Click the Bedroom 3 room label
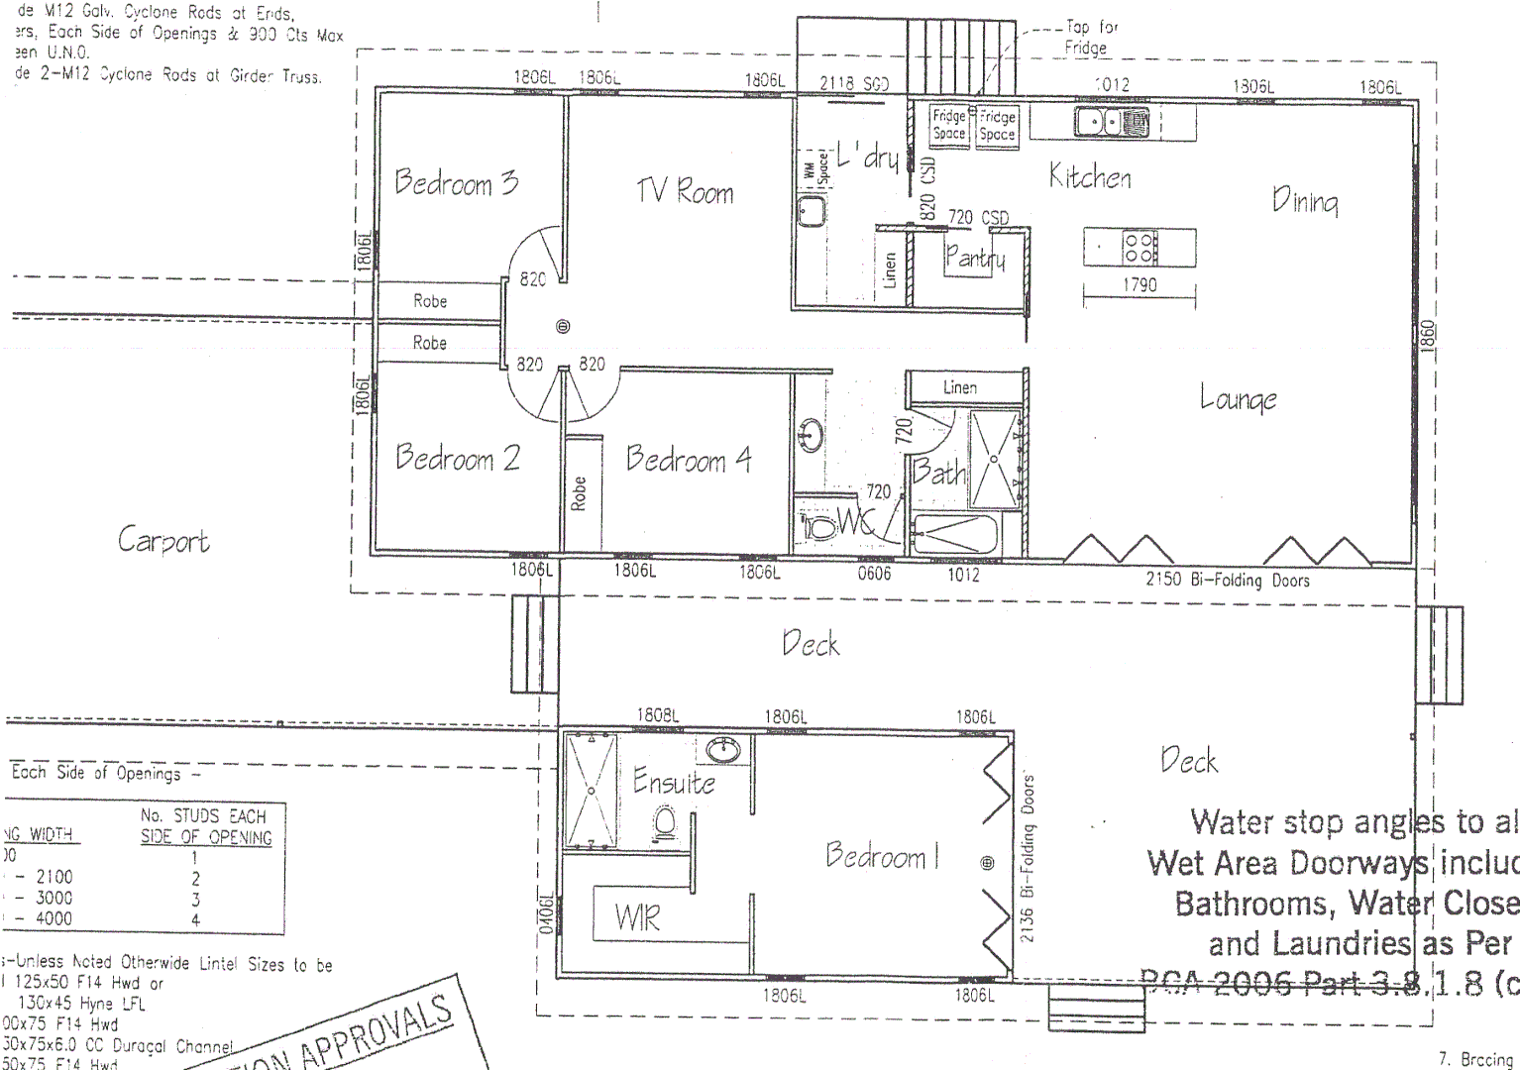coord(457,182)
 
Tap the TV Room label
coord(685,190)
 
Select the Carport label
coord(163,541)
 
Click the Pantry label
coord(974,259)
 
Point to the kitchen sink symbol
coord(1112,123)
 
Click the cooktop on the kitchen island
coord(1139,247)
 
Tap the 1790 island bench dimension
coord(1140,285)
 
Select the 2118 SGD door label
coord(853,84)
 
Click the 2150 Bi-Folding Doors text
coord(1228,580)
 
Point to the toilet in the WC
coord(819,525)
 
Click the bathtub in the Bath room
coord(955,534)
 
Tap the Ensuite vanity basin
coord(724,750)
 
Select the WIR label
coord(637,918)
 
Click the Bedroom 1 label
coord(881,855)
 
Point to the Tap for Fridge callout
coord(1090,38)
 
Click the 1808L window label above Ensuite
coord(657,715)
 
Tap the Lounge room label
coord(1238,399)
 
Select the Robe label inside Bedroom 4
coord(580,493)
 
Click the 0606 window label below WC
coord(874,573)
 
